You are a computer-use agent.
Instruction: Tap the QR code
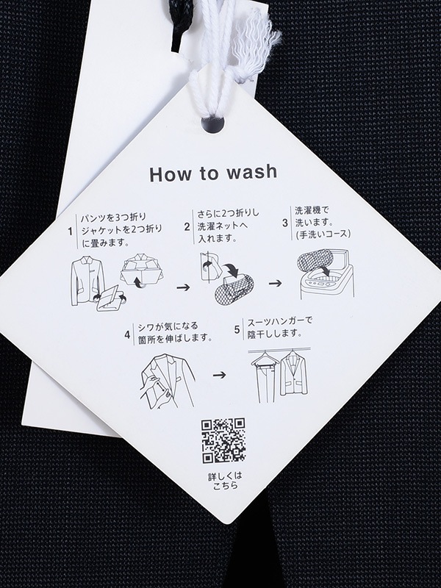(223, 440)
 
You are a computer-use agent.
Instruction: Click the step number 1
(70, 232)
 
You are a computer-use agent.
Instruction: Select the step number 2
(187, 226)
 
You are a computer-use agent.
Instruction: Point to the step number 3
(285, 223)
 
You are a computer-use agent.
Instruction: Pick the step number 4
(127, 334)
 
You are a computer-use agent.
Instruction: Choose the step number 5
(237, 329)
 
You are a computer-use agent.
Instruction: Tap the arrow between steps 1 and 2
(183, 287)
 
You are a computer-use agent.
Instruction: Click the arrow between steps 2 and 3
(275, 283)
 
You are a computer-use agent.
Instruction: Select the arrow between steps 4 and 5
(219, 375)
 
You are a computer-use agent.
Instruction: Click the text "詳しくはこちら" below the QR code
(226, 481)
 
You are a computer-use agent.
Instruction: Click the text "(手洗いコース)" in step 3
(323, 234)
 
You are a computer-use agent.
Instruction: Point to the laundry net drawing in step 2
(234, 291)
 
